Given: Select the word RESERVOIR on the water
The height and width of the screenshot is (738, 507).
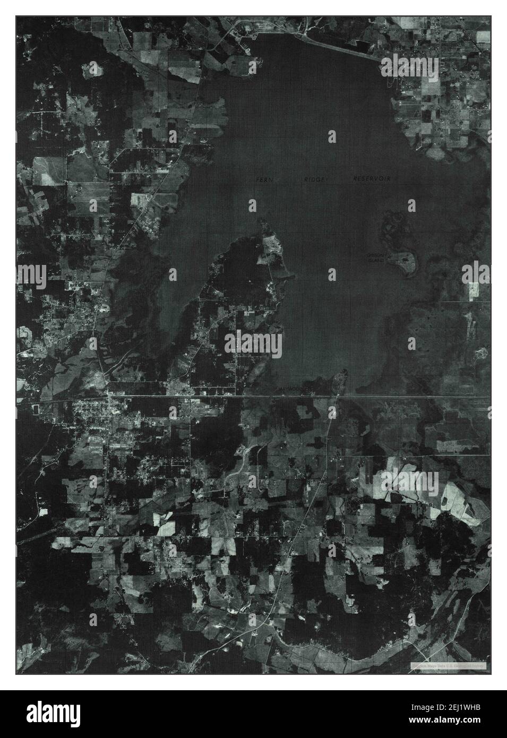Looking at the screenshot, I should tap(372, 179).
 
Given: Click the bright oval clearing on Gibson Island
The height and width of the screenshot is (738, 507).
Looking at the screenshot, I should tap(407, 260).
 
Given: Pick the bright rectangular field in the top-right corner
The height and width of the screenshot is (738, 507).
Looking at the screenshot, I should tap(483, 37).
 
